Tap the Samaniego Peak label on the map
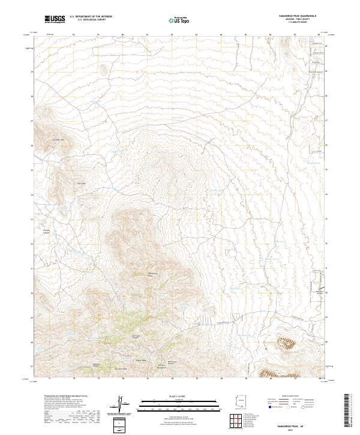pyautogui.click(x=152, y=274)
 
